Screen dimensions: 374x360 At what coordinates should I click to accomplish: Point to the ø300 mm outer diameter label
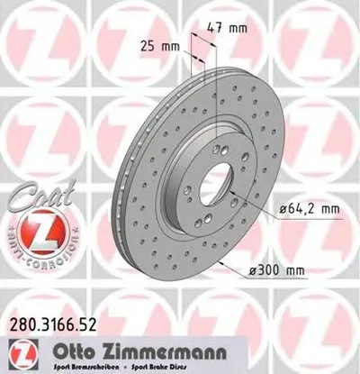(x=301, y=268)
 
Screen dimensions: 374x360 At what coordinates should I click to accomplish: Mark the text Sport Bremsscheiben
(x=81, y=365)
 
